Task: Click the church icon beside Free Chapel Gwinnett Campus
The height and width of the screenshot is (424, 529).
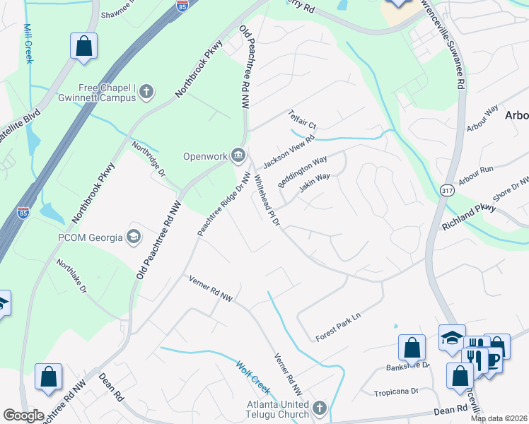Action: pos(146,90)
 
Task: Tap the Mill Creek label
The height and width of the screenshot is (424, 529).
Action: pos(28,44)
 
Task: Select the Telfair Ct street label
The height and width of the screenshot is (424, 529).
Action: pos(301,119)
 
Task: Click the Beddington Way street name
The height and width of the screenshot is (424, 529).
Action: pos(302,172)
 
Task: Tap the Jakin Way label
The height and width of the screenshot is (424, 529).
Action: pos(314,184)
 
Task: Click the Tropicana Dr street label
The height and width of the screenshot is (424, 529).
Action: pos(396,391)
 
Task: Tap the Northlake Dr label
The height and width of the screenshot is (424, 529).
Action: pos(72,276)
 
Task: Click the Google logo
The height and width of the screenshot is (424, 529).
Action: pos(23,415)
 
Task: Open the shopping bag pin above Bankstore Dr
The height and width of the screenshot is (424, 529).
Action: pos(412,348)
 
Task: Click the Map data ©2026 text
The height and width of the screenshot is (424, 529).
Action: pos(499,418)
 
